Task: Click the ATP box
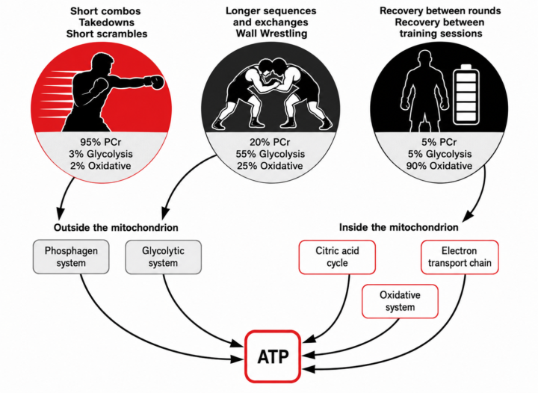273,356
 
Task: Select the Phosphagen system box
71,257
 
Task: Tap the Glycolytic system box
164,257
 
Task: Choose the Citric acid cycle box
337,257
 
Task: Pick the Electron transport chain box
460,257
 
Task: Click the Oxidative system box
400,301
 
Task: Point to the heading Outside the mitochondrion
116,227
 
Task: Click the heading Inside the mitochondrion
399,227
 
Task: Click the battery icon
466,95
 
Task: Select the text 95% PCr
101,142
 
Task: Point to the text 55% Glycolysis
270,154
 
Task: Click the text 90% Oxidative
439,166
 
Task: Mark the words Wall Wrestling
271,34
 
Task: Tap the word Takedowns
106,22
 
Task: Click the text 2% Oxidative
101,166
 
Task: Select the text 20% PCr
270,142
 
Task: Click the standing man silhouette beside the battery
424,92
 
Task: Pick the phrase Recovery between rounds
440,10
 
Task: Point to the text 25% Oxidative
270,166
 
